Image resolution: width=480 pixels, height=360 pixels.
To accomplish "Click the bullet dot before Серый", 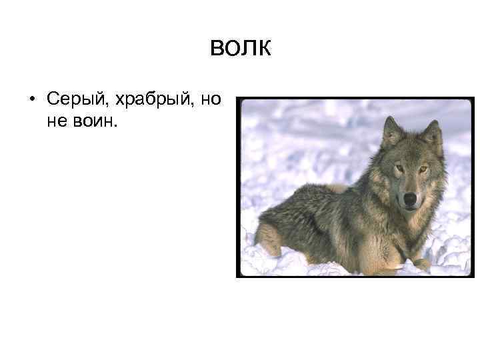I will (32, 101).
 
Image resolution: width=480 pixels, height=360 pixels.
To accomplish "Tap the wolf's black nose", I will (409, 198).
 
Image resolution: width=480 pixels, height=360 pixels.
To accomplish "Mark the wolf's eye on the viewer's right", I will (423, 169).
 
